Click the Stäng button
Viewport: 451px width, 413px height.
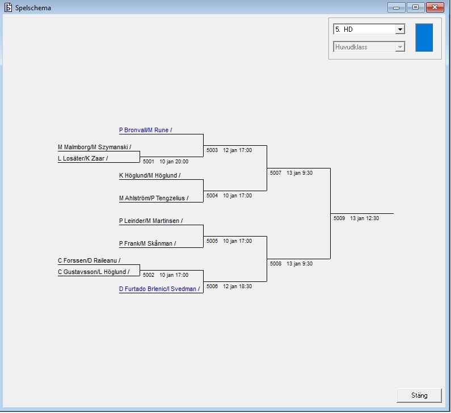pyautogui.click(x=419, y=395)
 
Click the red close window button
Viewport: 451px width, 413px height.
pyautogui.click(x=434, y=7)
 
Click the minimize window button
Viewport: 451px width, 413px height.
pyautogui.click(x=395, y=7)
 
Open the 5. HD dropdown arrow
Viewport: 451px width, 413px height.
pyautogui.click(x=400, y=29)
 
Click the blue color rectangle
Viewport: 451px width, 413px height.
pyautogui.click(x=424, y=38)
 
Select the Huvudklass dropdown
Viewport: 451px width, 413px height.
pyautogui.click(x=369, y=47)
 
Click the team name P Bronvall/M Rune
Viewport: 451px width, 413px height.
pyautogui.click(x=145, y=130)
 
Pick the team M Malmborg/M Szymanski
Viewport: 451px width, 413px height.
pyautogui.click(x=94, y=147)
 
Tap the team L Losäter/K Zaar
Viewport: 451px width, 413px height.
pyautogui.click(x=83, y=158)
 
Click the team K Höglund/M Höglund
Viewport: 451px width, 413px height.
pyautogui.click(x=150, y=175)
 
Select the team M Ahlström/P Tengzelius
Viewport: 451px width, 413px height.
pyautogui.click(x=153, y=198)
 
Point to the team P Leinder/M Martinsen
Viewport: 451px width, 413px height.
pyautogui.click(x=151, y=221)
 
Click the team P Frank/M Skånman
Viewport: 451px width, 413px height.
pyautogui.click(x=147, y=243)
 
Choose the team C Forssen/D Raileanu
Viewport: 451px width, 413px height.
pyautogui.click(x=89, y=260)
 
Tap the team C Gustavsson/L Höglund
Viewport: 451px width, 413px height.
pyautogui.click(x=94, y=272)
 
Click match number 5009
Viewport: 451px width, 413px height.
pyautogui.click(x=339, y=218)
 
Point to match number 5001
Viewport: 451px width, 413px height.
pyautogui.click(x=149, y=162)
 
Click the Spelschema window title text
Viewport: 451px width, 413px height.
pyautogui.click(x=33, y=8)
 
